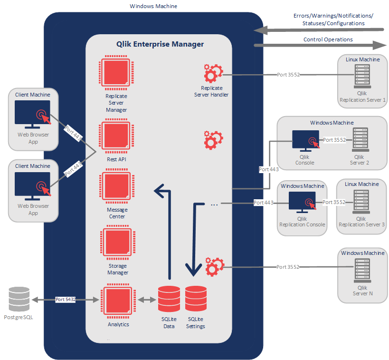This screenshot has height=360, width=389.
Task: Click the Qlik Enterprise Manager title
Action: click(160, 44)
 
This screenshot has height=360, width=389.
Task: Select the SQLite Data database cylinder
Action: click(169, 300)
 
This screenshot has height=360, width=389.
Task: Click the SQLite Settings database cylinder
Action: click(196, 300)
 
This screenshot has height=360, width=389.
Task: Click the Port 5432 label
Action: click(66, 300)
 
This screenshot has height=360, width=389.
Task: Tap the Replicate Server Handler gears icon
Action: click(212, 74)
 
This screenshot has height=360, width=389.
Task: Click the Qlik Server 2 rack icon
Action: click(360, 140)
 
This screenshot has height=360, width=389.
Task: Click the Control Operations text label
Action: click(328, 39)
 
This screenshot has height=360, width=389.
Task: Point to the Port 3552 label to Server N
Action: click(288, 267)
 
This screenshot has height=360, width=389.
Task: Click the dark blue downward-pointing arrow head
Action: click(193, 272)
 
